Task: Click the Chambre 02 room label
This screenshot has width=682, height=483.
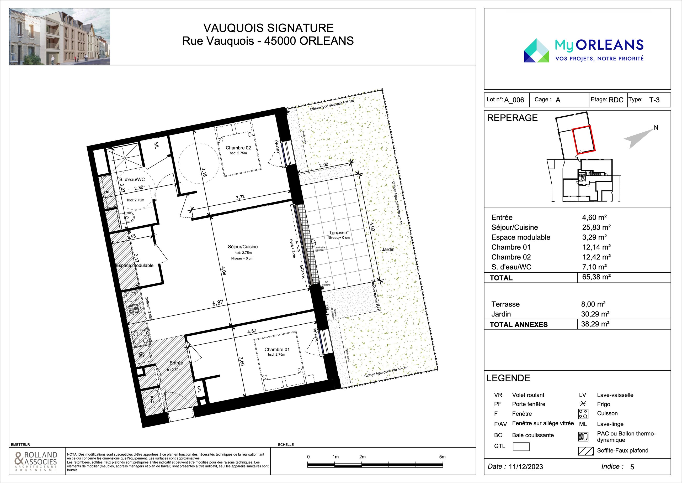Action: [238, 148]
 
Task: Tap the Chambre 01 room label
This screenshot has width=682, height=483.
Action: [277, 350]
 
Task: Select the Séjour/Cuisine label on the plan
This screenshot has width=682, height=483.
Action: [243, 247]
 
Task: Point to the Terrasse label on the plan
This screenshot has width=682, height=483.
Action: [338, 233]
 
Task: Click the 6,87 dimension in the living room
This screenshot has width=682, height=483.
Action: [217, 303]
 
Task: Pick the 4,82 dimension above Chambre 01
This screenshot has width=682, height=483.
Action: [252, 331]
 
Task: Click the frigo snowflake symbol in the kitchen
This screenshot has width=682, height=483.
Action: [142, 355]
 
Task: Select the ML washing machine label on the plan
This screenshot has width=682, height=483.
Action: [156, 146]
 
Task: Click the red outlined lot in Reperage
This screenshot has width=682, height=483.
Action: [584, 139]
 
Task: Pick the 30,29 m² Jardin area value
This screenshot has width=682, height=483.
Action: [595, 314]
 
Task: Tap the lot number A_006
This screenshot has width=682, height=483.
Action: [514, 100]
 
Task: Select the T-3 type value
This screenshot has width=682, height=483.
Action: [654, 100]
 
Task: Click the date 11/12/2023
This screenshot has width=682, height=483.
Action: [526, 467]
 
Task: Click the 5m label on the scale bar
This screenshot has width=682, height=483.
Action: [442, 457]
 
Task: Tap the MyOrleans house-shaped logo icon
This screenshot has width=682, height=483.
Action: [536, 51]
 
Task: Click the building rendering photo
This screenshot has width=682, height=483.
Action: [59, 37]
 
